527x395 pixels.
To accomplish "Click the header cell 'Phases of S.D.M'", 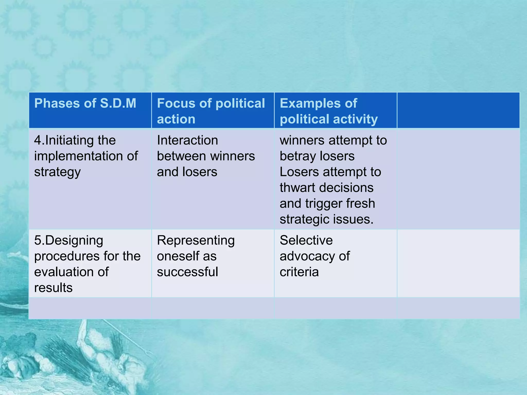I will click(x=85, y=103).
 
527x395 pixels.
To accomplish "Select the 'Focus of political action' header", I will click(x=211, y=111).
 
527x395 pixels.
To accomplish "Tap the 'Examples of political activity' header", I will click(x=329, y=111).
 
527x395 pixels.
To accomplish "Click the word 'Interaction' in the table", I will click(x=187, y=140).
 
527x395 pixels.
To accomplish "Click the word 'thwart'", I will click(x=297, y=188).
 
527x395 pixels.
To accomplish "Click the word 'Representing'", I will click(x=196, y=240).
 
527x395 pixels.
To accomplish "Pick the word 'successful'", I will click(x=187, y=272).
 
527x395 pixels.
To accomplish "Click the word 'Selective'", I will click(x=306, y=240).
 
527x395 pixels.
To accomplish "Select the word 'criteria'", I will click(x=299, y=272).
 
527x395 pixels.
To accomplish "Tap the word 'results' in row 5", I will click(x=53, y=288).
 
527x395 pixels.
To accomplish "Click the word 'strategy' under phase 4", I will click(x=57, y=172).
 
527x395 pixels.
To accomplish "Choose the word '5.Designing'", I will click(x=68, y=240).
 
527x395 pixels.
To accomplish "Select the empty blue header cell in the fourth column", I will click(x=458, y=110).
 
